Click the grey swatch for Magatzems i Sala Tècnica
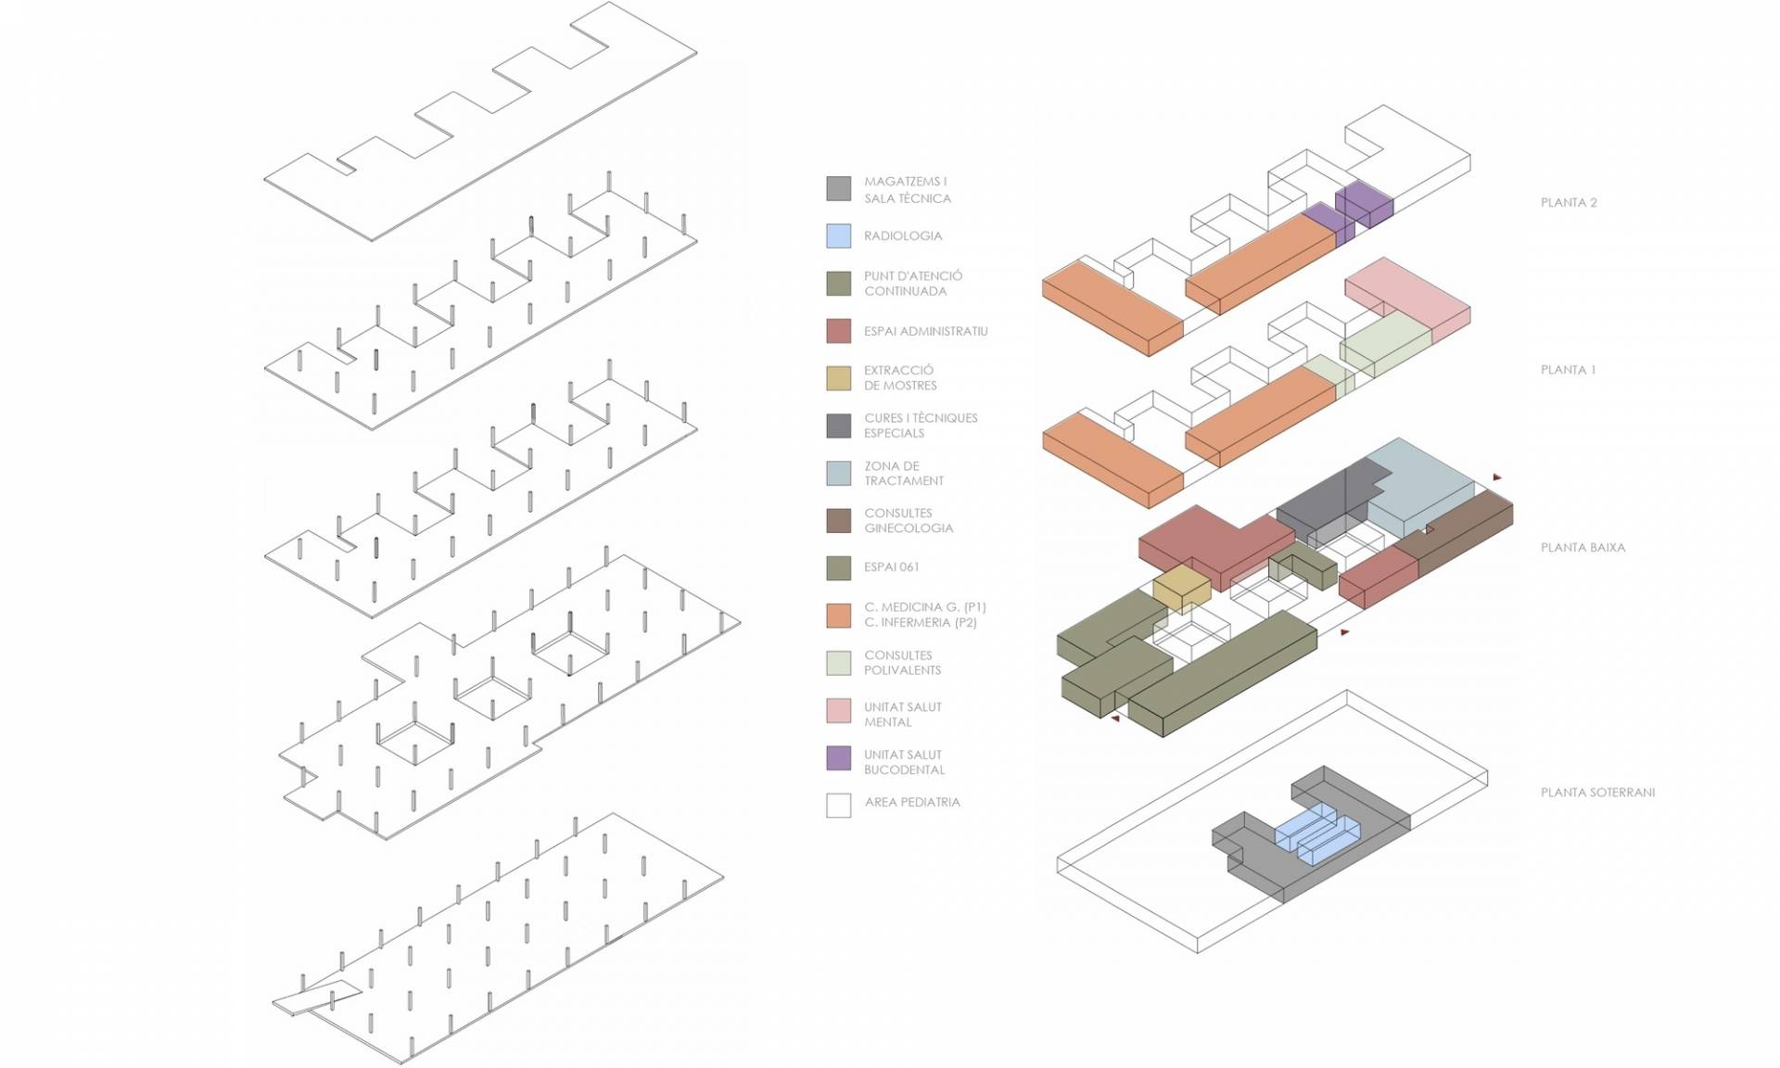pos(838,188)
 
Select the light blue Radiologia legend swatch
pos(838,235)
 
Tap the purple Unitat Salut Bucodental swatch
pos(838,757)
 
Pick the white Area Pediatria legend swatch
pos(838,805)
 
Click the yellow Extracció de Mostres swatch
pos(838,378)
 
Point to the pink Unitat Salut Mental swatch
pos(838,710)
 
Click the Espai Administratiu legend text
pos(925,331)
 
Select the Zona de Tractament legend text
pos(904,473)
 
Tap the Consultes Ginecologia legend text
pos(909,520)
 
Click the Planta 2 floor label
pos(1569,202)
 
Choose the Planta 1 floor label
pos(1568,369)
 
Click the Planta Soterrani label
pos(1597,792)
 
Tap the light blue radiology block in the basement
pos(1316,833)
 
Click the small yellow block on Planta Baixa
pos(1182,589)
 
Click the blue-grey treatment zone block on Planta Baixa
pos(1418,487)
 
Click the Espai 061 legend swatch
pos(838,567)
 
